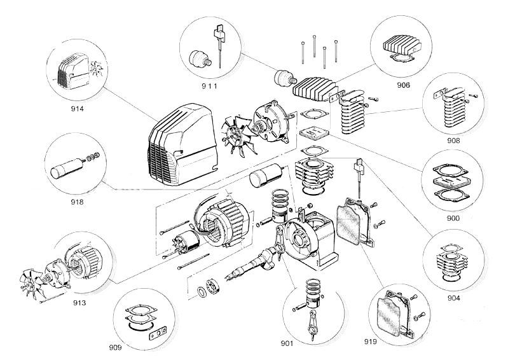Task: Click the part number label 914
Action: click(x=78, y=109)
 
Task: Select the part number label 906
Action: click(x=402, y=85)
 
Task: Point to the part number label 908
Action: click(x=453, y=140)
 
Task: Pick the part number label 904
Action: click(x=453, y=297)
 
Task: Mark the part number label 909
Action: click(x=114, y=347)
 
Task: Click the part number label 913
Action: click(x=79, y=302)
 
